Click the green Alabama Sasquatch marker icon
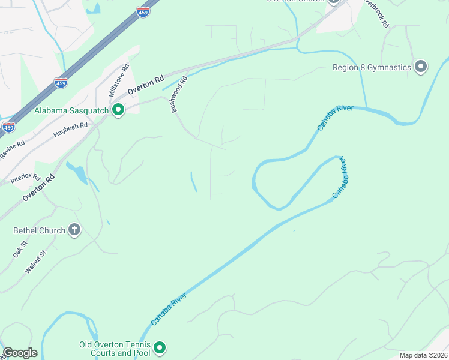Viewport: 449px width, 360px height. (118, 110)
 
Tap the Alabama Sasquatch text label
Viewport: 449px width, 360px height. (71, 110)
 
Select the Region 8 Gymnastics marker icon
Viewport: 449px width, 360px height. (421, 67)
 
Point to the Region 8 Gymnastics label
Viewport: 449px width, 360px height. (372, 67)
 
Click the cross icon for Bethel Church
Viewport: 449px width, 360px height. (74, 230)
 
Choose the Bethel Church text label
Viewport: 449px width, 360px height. (39, 230)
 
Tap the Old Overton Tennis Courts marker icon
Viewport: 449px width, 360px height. (160, 347)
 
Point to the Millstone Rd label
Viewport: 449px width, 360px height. (118, 82)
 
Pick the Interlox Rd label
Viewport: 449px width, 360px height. (25, 178)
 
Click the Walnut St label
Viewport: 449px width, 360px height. (35, 262)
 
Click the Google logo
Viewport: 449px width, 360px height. (20, 353)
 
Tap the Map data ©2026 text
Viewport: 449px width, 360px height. (423, 355)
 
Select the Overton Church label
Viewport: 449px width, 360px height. (295, 2)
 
